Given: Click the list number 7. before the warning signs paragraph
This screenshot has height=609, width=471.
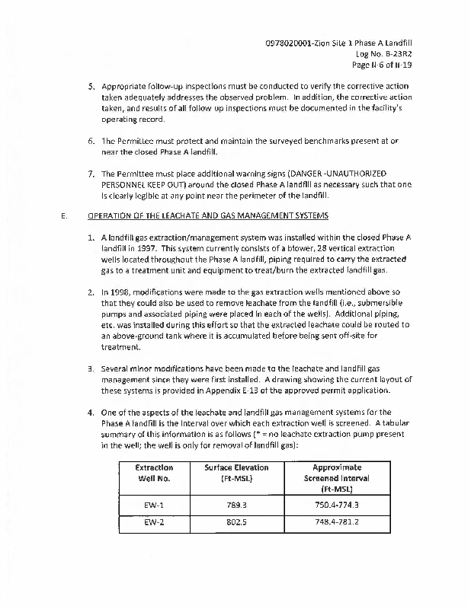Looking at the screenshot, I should coord(91,174).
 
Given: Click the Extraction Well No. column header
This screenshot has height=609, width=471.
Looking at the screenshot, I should coord(154,472).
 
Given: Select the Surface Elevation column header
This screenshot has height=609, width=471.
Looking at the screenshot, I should coord(236,472).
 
